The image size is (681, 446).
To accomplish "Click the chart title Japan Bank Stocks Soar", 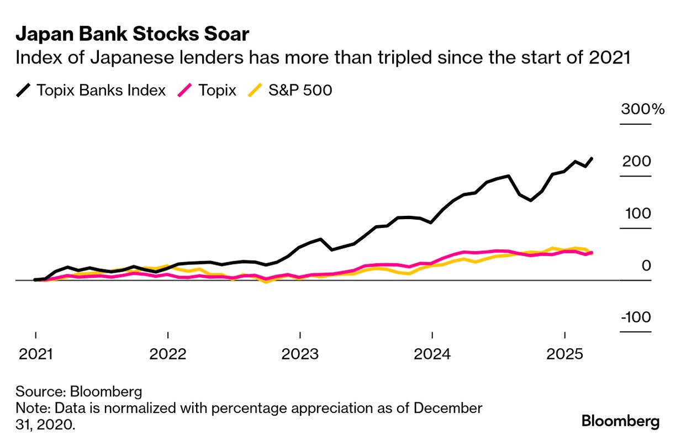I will click(x=132, y=34).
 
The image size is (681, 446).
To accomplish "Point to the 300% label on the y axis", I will click(x=643, y=109).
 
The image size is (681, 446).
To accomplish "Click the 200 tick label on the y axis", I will click(x=636, y=162).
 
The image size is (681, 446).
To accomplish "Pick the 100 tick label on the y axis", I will click(x=636, y=214).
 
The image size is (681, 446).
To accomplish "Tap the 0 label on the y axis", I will click(x=646, y=266).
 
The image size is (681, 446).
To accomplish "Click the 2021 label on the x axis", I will click(x=36, y=353).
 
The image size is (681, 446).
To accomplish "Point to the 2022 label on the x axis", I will click(x=168, y=353).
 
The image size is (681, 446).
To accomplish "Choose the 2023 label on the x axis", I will click(x=300, y=353).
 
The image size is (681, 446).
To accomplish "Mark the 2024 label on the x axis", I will click(x=432, y=353).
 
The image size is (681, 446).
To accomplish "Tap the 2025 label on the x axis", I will click(x=564, y=353).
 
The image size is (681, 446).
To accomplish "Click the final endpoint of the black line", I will click(x=592, y=158).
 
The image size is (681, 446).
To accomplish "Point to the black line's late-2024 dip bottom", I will click(x=531, y=200).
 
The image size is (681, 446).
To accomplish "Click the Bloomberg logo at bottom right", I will click(x=620, y=422).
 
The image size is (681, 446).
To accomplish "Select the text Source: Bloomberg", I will click(x=79, y=392).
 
